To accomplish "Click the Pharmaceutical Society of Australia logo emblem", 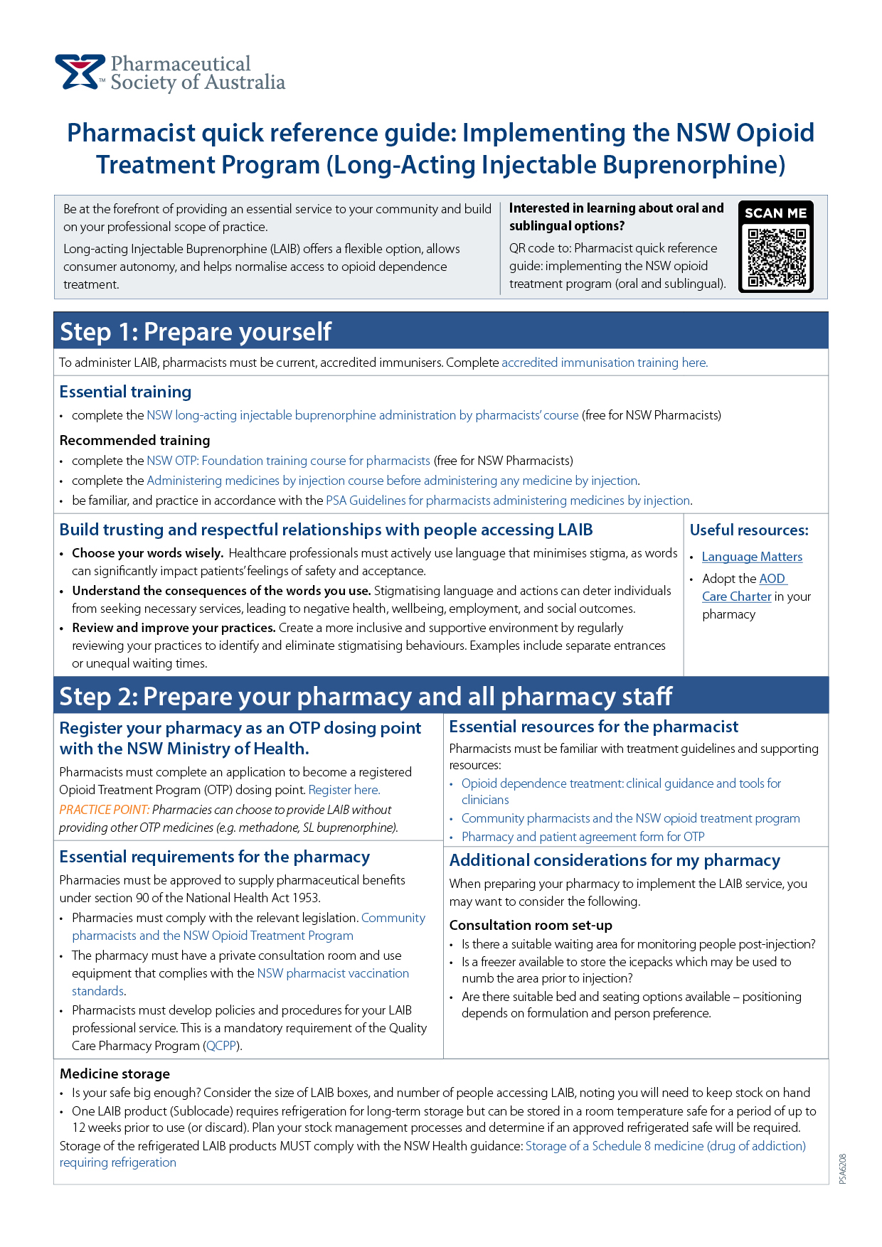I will [79, 72].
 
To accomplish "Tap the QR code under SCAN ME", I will [776, 256].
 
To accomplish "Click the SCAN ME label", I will [775, 213].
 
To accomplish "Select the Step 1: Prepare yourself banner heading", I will [196, 331].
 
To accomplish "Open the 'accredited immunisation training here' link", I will [605, 363].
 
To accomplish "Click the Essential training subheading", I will [125, 392].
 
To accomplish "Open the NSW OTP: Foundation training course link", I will [288, 461].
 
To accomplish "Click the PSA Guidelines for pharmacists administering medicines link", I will [508, 501].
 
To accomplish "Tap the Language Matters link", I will [752, 557].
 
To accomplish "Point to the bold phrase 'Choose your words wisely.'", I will [147, 553].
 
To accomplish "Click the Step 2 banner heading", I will [366, 696].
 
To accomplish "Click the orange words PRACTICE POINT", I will [104, 810].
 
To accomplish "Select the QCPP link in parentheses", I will [221, 1046].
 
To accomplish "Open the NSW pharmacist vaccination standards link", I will [332, 973].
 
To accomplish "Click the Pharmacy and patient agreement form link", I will [583, 837].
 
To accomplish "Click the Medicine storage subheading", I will [115, 1074].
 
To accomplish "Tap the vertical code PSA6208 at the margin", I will [843, 1169].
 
